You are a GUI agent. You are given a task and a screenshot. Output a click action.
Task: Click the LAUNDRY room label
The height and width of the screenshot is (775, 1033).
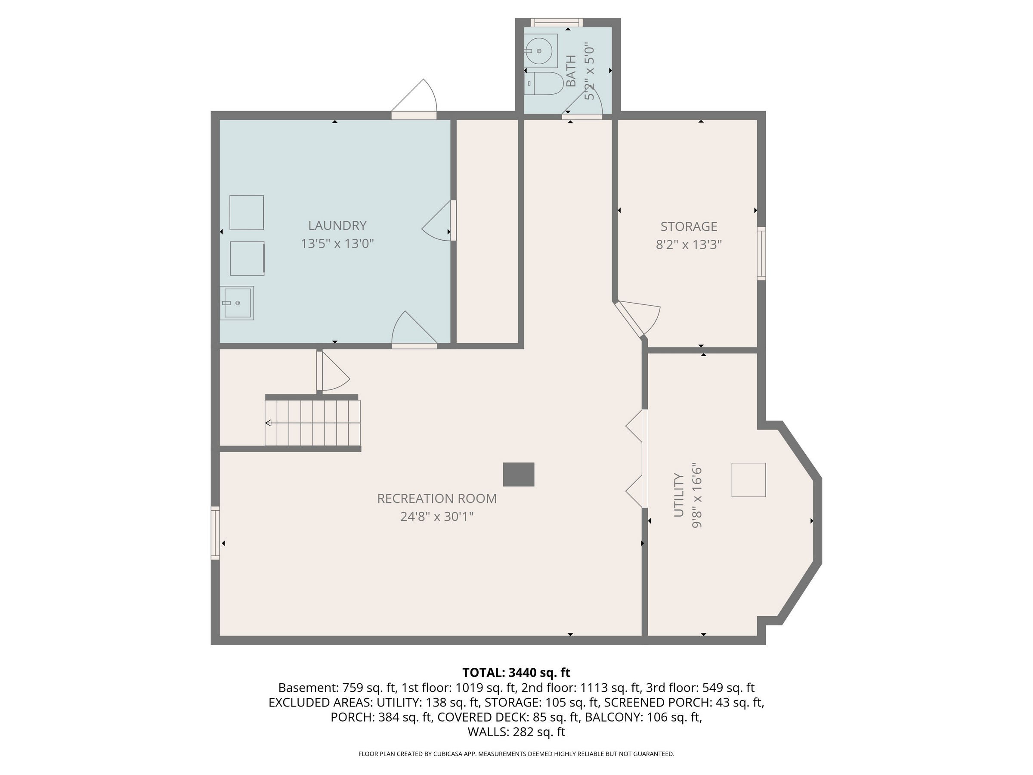click(x=337, y=226)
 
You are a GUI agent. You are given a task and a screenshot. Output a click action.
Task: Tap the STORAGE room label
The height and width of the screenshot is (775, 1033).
click(x=689, y=226)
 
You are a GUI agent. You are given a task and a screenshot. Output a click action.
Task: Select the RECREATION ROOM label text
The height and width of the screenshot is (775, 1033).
click(x=436, y=499)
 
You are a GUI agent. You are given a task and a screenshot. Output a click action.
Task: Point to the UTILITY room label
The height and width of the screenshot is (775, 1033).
click(x=678, y=495)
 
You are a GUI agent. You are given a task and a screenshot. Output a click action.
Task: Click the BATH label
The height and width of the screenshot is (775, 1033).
click(x=571, y=71)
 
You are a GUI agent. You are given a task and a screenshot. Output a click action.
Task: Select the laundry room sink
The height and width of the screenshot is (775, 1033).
click(x=237, y=303)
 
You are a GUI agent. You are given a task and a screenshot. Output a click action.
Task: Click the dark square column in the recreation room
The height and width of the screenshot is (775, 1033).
click(x=518, y=474)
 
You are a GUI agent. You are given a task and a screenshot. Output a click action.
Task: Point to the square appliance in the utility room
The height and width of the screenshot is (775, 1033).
click(x=748, y=480)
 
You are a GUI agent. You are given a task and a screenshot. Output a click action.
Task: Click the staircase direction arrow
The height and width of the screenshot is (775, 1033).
click(x=312, y=423)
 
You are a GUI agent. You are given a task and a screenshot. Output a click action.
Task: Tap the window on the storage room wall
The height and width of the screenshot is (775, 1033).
click(x=761, y=254)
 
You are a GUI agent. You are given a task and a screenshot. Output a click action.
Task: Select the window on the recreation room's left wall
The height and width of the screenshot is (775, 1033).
click(x=215, y=533)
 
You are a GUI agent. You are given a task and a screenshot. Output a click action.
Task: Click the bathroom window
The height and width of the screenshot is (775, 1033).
click(x=557, y=22)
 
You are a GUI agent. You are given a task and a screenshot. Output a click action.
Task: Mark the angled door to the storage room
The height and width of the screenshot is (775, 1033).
click(x=637, y=319)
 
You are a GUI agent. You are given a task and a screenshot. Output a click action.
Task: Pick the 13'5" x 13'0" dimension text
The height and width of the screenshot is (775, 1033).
click(x=337, y=244)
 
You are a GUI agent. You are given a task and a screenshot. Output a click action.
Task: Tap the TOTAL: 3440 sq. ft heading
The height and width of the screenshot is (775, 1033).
click(x=516, y=673)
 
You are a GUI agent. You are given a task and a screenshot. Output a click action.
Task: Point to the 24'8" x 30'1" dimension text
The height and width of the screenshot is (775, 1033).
click(x=436, y=517)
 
